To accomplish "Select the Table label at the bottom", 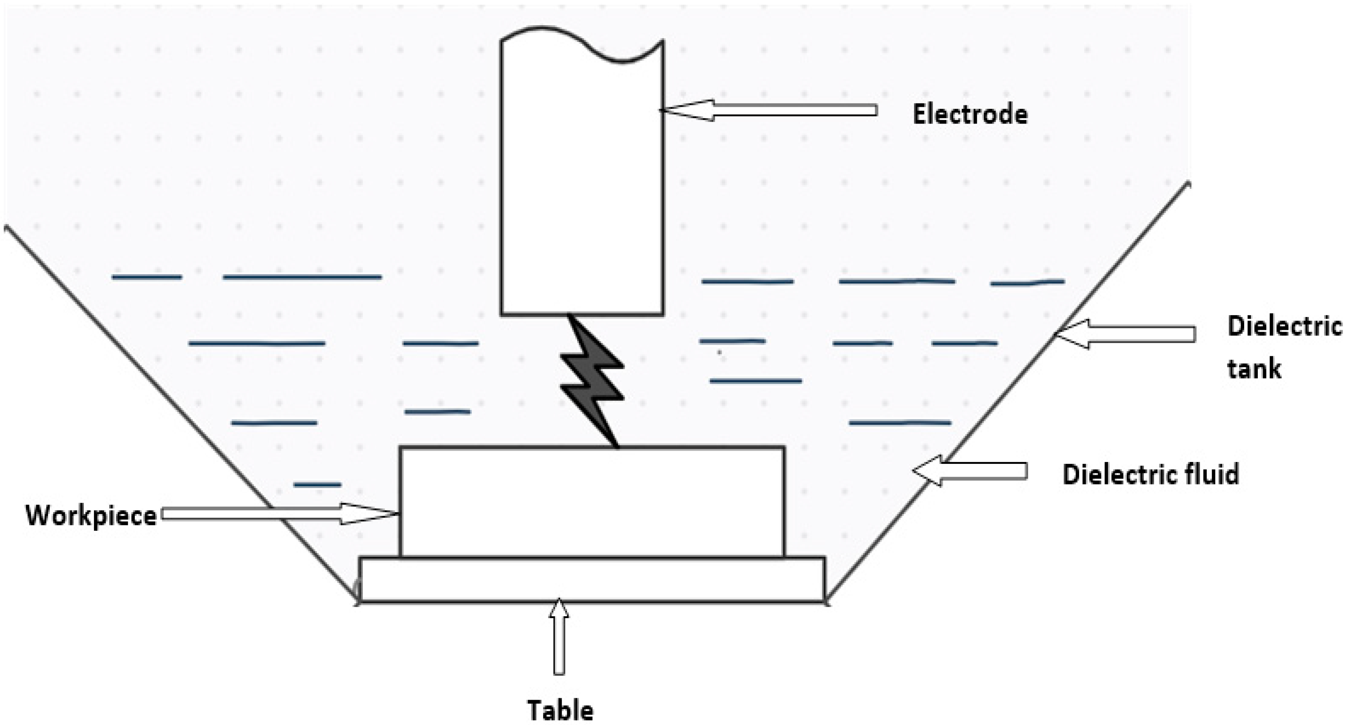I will coord(560,711).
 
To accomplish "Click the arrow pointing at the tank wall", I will coord(1128,334).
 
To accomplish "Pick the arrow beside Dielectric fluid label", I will coord(970,471).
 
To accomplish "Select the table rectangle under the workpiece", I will coord(592,579).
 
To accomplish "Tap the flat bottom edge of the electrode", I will coord(582,314).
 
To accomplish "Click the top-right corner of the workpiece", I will coord(784,448).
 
